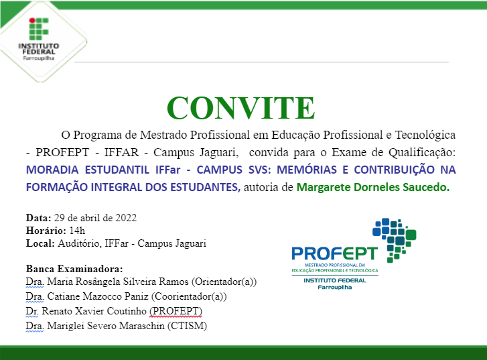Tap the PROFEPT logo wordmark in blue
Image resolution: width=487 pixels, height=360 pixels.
334,254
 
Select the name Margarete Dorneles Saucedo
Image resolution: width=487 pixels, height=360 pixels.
373,188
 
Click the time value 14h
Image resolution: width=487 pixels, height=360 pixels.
69,231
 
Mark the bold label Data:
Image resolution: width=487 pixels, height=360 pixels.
38,219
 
